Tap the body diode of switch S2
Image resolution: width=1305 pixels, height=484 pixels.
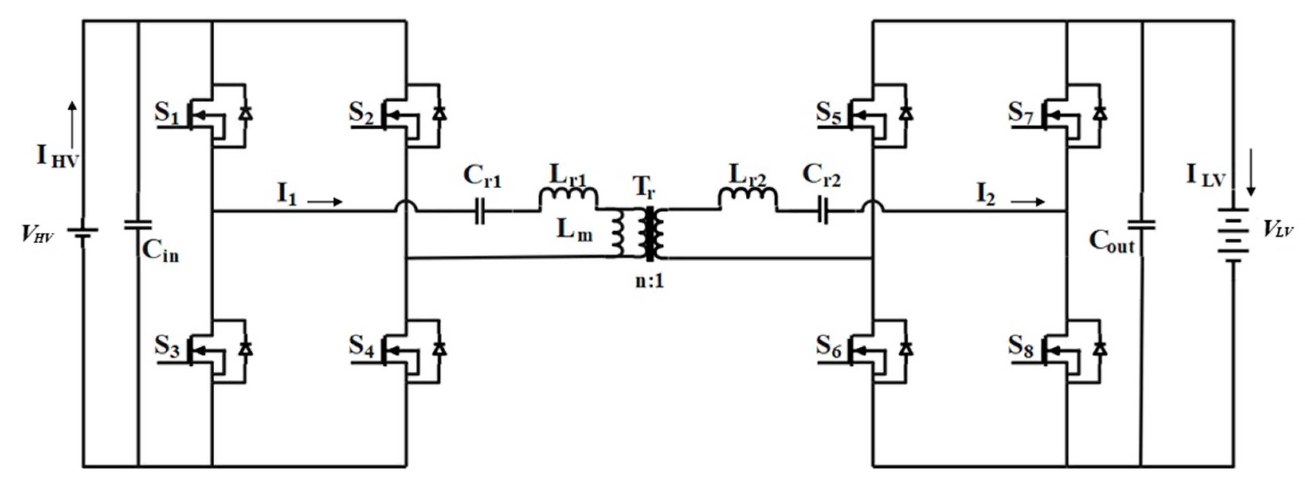(x=440, y=113)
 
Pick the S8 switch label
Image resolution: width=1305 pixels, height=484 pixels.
(x=1020, y=347)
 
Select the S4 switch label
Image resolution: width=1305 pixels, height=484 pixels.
(x=361, y=347)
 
